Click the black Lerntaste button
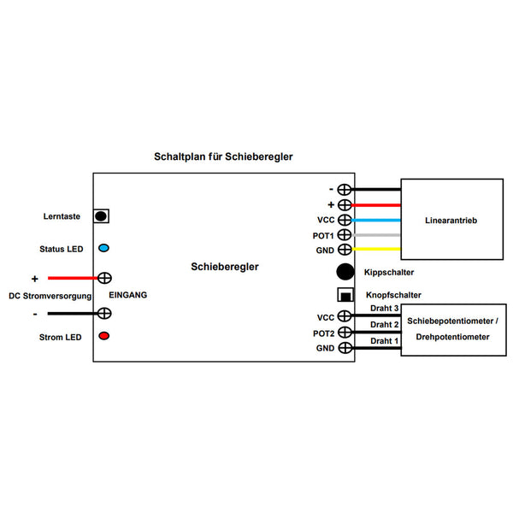pos(101,216)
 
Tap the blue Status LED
pos(103,248)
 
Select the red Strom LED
pos(104,336)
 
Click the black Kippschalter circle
pos(345,272)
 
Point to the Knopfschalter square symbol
pos(345,294)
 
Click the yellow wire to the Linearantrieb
pos(376,250)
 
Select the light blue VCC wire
pos(376,221)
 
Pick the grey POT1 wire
pos(376,235)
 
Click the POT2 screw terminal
pos(345,332)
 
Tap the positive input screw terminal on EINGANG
pos(104,278)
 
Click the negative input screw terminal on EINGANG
pos(104,314)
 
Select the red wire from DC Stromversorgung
pos(73,278)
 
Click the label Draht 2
pos(385,325)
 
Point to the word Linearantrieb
pos(451,221)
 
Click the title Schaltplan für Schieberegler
pos(223,156)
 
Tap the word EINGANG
pos(128,295)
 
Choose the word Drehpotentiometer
pos(452,337)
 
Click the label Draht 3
pos(385,308)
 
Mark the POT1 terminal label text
pos(323,236)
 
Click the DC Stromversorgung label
pos(50,296)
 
